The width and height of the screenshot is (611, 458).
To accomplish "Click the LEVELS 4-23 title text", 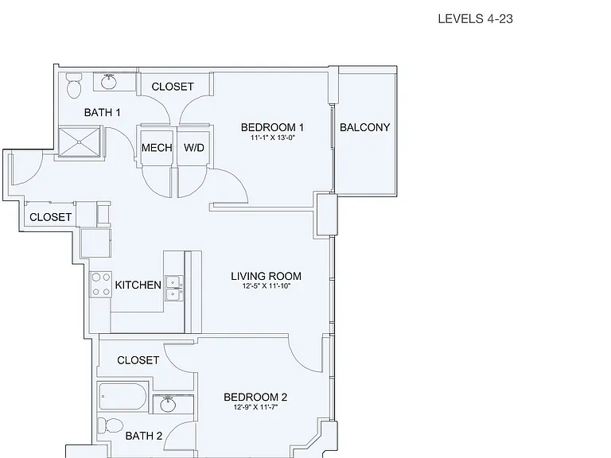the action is coord(476,19).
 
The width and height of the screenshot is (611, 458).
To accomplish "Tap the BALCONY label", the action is coord(364,127).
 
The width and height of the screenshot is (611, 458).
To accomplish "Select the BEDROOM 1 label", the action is coord(272,127).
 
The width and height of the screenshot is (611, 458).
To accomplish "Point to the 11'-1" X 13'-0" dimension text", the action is coord(272,138).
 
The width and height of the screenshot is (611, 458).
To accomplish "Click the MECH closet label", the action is coord(157,148).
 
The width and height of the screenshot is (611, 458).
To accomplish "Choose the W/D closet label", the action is coord(193,148).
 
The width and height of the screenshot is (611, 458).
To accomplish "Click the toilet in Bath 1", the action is coord(74,86).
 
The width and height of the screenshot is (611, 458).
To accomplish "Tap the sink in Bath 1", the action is coord(108,82).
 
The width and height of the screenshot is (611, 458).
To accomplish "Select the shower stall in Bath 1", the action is coord(80,142).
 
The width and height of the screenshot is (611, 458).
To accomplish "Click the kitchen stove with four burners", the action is coord(101,285).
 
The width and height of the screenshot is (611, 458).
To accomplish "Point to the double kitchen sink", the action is coord(174,288).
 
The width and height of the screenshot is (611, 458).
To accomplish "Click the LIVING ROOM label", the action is coord(267,276).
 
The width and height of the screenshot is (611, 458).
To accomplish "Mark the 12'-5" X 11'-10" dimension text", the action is coord(267,286).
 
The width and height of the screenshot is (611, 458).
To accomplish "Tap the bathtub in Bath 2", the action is coord(123,397).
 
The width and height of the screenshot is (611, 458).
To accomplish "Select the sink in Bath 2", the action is coord(169,405).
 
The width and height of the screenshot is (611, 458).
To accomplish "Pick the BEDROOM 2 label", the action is coord(255,398).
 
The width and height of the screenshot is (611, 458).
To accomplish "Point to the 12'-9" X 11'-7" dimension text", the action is coord(255,407).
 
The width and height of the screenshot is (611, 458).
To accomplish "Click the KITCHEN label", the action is coord(138,285).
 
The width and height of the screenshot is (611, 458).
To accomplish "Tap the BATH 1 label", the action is coord(102,113).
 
